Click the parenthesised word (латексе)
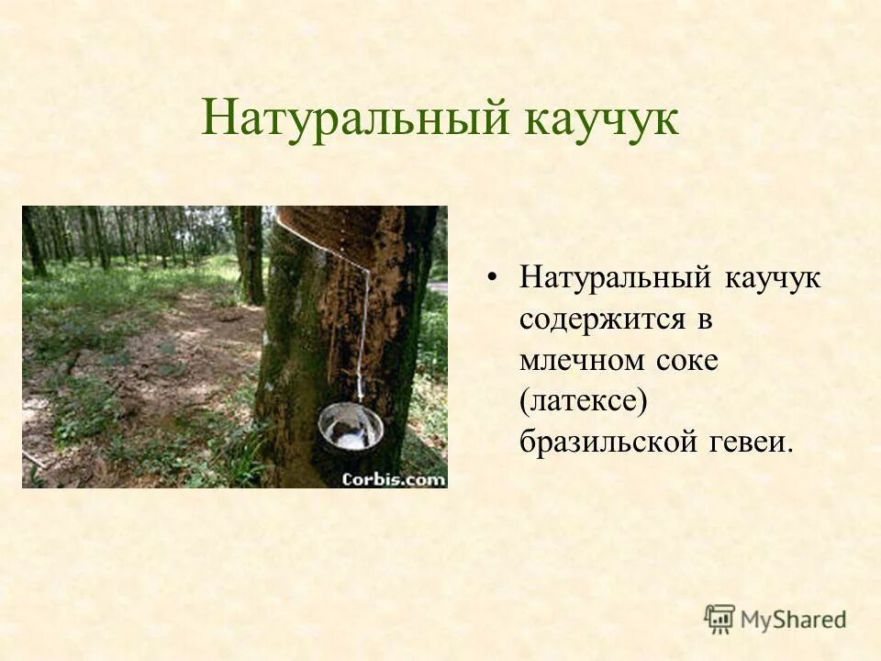click(577, 401)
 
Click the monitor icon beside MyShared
click(719, 618)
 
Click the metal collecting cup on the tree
click(350, 427)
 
